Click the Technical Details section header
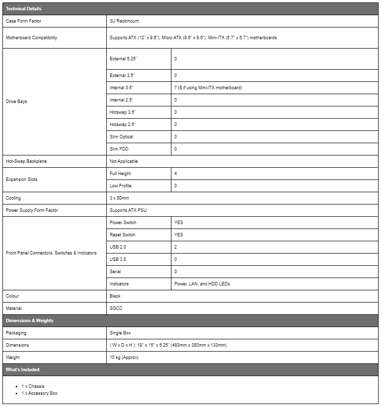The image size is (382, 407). pos(24,9)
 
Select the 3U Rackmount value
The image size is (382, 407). pos(125,22)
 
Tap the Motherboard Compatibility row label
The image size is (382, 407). pos(31,38)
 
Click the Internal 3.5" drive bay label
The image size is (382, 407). pos(121,88)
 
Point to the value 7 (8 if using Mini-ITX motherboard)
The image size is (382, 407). pos(208,88)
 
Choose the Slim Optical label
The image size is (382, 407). pos(121,137)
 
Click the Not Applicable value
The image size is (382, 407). pos(124,161)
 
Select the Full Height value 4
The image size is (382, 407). pos(176,174)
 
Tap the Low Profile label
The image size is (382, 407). pos(120,186)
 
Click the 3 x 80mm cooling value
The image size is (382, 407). pos(119,198)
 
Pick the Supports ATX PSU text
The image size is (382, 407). pos(128,210)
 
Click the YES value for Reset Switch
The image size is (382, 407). pos(179,235)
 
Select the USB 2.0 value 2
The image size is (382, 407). pos(176,247)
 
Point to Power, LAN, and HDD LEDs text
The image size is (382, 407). pos(202,284)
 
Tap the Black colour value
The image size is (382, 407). pos(115,296)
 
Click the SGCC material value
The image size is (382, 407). pos(116,308)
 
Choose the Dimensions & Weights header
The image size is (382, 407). pos(29,321)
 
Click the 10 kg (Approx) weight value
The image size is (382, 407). pos(124,357)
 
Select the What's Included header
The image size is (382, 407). pos(23,370)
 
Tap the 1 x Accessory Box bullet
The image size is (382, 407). pos(40,393)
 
